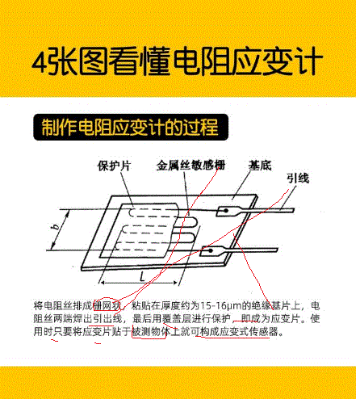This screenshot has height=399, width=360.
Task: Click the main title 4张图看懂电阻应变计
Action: coord(178,61)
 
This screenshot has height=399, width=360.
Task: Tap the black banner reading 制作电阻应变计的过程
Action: coord(131,127)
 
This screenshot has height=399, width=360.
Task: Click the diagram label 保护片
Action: coord(114,166)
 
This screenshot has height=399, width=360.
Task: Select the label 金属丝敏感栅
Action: coord(190,165)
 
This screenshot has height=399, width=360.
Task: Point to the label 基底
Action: coord(260,166)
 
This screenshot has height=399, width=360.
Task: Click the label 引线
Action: coord(298,178)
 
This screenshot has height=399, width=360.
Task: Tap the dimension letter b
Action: coord(56,227)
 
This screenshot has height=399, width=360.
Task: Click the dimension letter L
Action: coord(143,277)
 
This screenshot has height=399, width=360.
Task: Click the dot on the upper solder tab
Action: coord(226,211)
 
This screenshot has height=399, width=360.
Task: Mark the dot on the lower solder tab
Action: coord(211,251)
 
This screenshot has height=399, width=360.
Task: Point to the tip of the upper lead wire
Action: coord(294,210)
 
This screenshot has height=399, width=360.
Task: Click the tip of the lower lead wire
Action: coord(277,250)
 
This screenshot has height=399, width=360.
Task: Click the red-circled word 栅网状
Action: coord(107,306)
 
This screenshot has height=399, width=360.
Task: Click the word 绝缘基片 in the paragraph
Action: coord(271,306)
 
